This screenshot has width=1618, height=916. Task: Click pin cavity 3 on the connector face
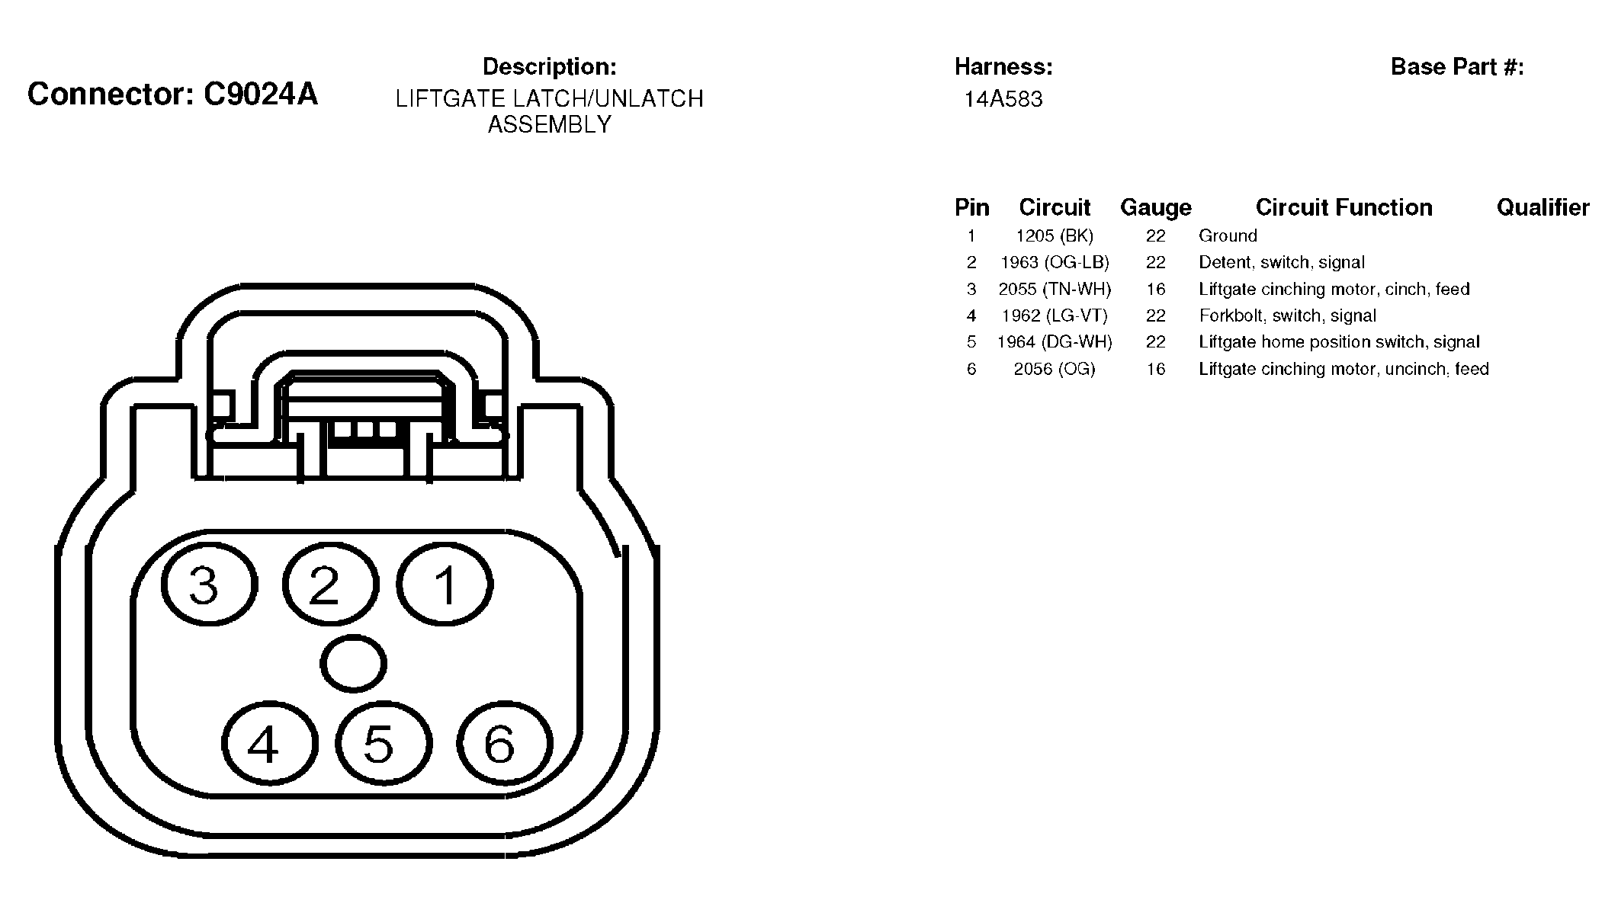[209, 585]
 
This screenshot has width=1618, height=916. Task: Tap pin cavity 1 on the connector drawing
[445, 585]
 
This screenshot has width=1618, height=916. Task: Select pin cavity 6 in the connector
[504, 743]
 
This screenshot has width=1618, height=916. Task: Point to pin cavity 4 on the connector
[269, 743]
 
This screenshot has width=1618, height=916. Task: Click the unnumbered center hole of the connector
[353, 664]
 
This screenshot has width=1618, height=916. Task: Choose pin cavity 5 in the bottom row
[384, 743]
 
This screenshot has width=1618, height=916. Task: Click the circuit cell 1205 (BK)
[1055, 236]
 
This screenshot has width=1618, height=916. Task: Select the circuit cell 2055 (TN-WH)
[1055, 290]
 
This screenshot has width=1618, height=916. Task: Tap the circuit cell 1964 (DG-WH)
[1055, 342]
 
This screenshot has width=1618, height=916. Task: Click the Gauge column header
[1155, 208]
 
